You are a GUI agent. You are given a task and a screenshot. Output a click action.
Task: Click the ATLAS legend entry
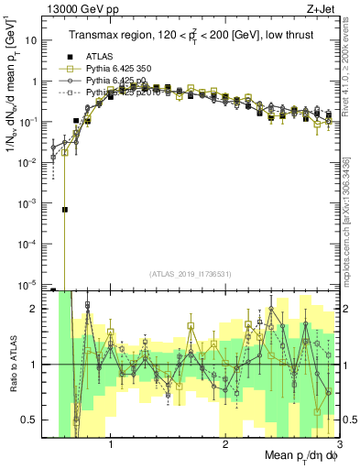point(99,57)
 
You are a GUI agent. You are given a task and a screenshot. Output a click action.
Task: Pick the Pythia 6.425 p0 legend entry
point(107,81)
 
